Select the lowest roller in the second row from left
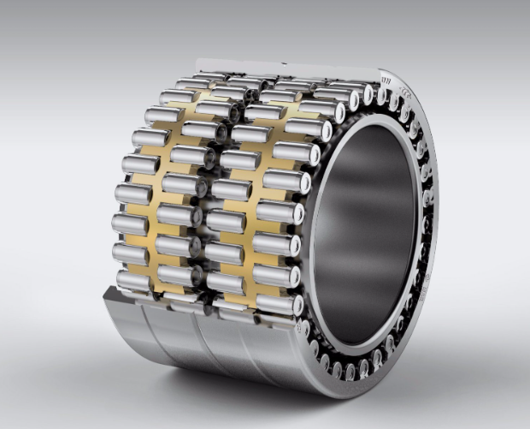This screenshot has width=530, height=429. click(x=179, y=296)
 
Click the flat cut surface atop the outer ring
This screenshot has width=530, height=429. click(x=282, y=68)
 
